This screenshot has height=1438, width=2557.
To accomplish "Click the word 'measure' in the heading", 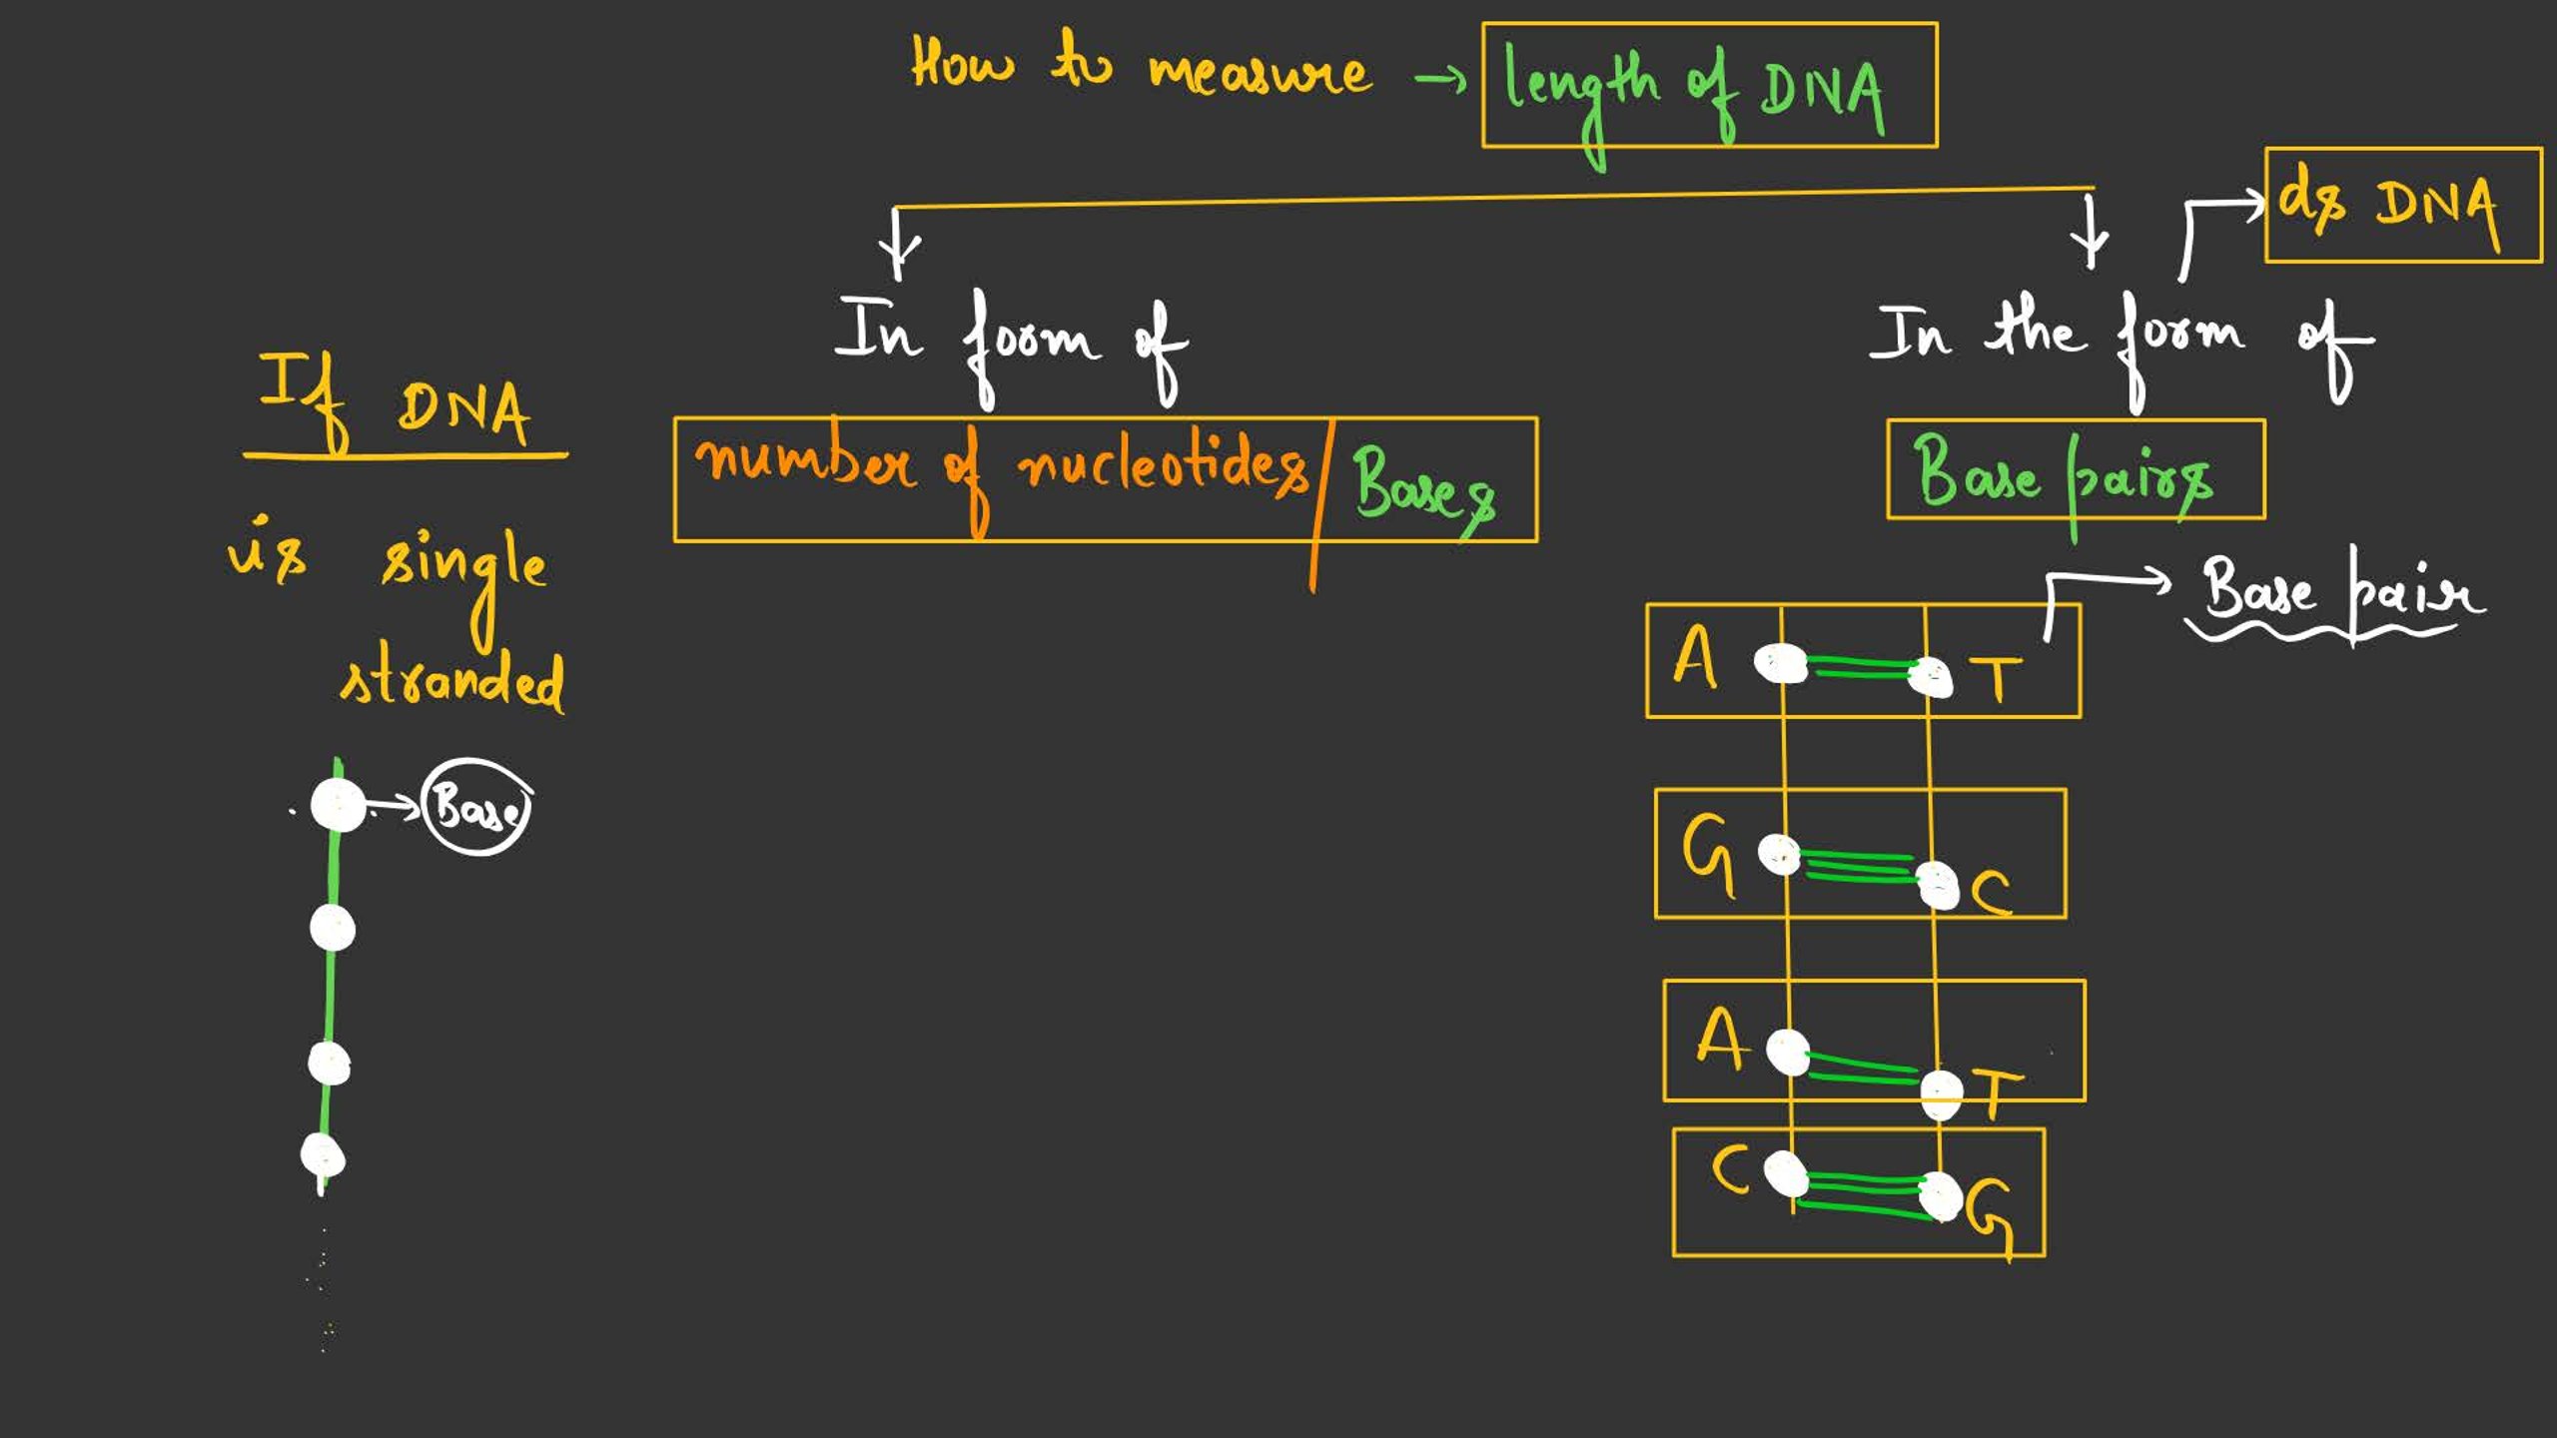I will click(x=1261, y=73).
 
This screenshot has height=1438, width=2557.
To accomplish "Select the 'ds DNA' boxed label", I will click(x=2402, y=205).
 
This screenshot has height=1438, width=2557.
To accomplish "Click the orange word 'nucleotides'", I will click(x=1161, y=467).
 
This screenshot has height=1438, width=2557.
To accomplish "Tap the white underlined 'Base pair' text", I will click(x=2341, y=593).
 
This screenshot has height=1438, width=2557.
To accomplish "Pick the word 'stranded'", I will click(x=452, y=681).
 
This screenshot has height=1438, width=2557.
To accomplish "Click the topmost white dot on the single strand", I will click(x=338, y=805).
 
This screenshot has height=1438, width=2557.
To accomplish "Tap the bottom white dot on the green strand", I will click(x=323, y=1156).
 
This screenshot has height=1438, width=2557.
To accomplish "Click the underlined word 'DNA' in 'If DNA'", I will click(x=463, y=410).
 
